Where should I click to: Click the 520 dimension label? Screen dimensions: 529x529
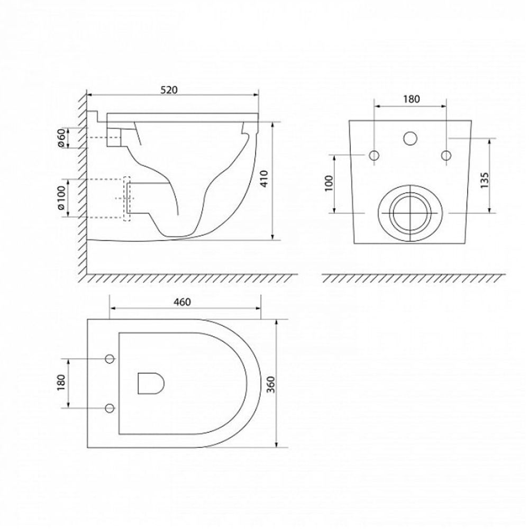click(x=168, y=90)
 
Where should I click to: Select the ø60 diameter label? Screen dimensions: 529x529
click(x=61, y=138)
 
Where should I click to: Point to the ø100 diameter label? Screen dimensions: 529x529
click(x=61, y=199)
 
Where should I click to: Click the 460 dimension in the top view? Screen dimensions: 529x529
click(x=182, y=302)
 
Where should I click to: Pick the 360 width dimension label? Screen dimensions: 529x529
click(x=271, y=384)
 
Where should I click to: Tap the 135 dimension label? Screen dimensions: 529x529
click(x=485, y=180)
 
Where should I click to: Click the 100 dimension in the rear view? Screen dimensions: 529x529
click(x=329, y=183)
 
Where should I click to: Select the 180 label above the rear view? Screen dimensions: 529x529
click(x=411, y=99)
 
